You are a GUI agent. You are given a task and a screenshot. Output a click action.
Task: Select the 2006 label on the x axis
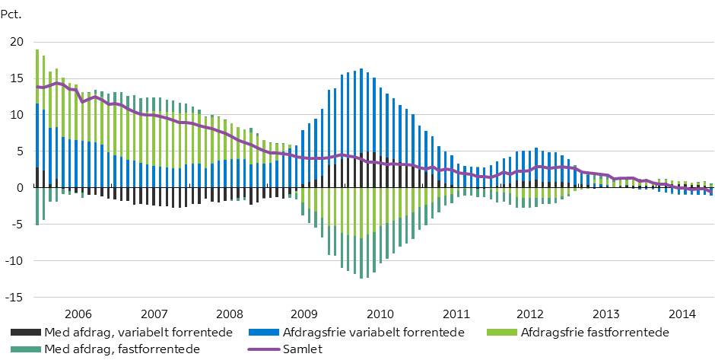[78, 314]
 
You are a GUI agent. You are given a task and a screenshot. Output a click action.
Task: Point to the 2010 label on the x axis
[380, 314]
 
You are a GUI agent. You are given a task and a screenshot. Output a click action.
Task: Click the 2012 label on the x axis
[530, 314]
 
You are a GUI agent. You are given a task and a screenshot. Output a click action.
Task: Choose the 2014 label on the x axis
[680, 314]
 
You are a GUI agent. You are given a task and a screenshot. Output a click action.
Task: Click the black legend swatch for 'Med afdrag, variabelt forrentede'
[26, 332]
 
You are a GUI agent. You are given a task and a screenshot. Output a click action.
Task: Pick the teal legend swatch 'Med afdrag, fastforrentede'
[26, 349]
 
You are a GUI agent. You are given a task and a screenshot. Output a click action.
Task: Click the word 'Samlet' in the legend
[303, 349]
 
